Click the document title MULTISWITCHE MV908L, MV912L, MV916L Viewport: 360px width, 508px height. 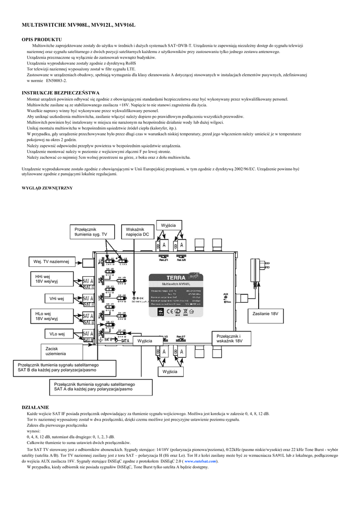click(78, 24)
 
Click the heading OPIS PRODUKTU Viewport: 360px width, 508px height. click(42, 39)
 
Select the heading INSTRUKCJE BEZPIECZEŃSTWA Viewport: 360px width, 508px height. click(61, 93)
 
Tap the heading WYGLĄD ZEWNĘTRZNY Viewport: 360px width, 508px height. click(48, 188)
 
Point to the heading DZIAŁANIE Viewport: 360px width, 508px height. click(35, 407)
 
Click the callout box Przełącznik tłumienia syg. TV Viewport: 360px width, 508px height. click(92, 232)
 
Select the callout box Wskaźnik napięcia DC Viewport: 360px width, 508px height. click(138, 232)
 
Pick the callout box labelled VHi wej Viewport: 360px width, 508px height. click(56, 299)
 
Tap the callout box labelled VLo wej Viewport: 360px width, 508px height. click(56, 334)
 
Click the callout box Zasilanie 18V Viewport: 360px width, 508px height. click(265, 315)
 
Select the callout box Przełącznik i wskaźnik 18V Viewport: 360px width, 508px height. click(229, 339)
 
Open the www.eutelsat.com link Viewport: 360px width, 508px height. click(201, 461)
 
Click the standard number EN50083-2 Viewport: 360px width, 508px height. click(56, 80)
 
